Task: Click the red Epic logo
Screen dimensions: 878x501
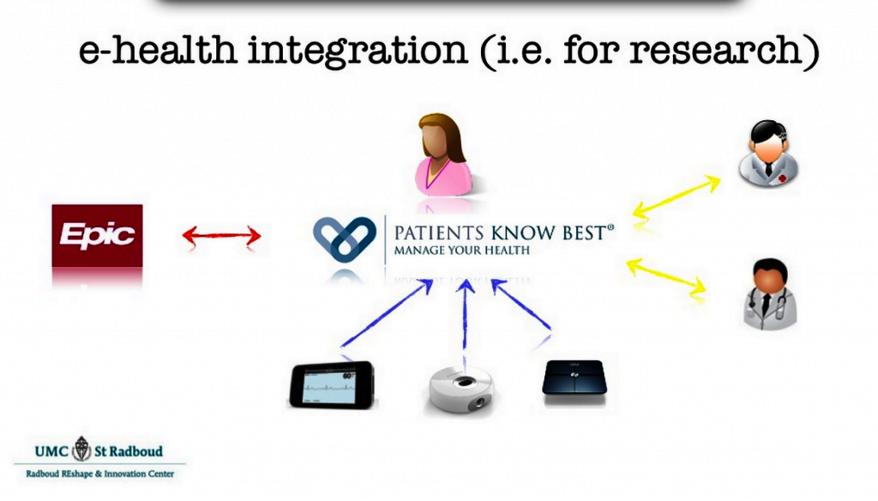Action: pos(97,235)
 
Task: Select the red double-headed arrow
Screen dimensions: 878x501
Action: pos(222,235)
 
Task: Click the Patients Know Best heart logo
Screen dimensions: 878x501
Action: pos(345,239)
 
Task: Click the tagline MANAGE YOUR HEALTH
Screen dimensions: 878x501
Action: pos(462,250)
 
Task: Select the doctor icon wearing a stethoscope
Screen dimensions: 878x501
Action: pos(769,293)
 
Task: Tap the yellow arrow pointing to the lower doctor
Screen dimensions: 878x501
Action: pos(666,275)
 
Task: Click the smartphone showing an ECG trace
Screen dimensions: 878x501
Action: pos(332,385)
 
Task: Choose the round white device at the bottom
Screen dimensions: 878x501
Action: pos(460,390)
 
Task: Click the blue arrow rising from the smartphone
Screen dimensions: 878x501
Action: pos(387,313)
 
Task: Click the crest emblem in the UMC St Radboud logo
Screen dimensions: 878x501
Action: pos(81,449)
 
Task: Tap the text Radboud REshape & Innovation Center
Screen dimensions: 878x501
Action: pos(99,474)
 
